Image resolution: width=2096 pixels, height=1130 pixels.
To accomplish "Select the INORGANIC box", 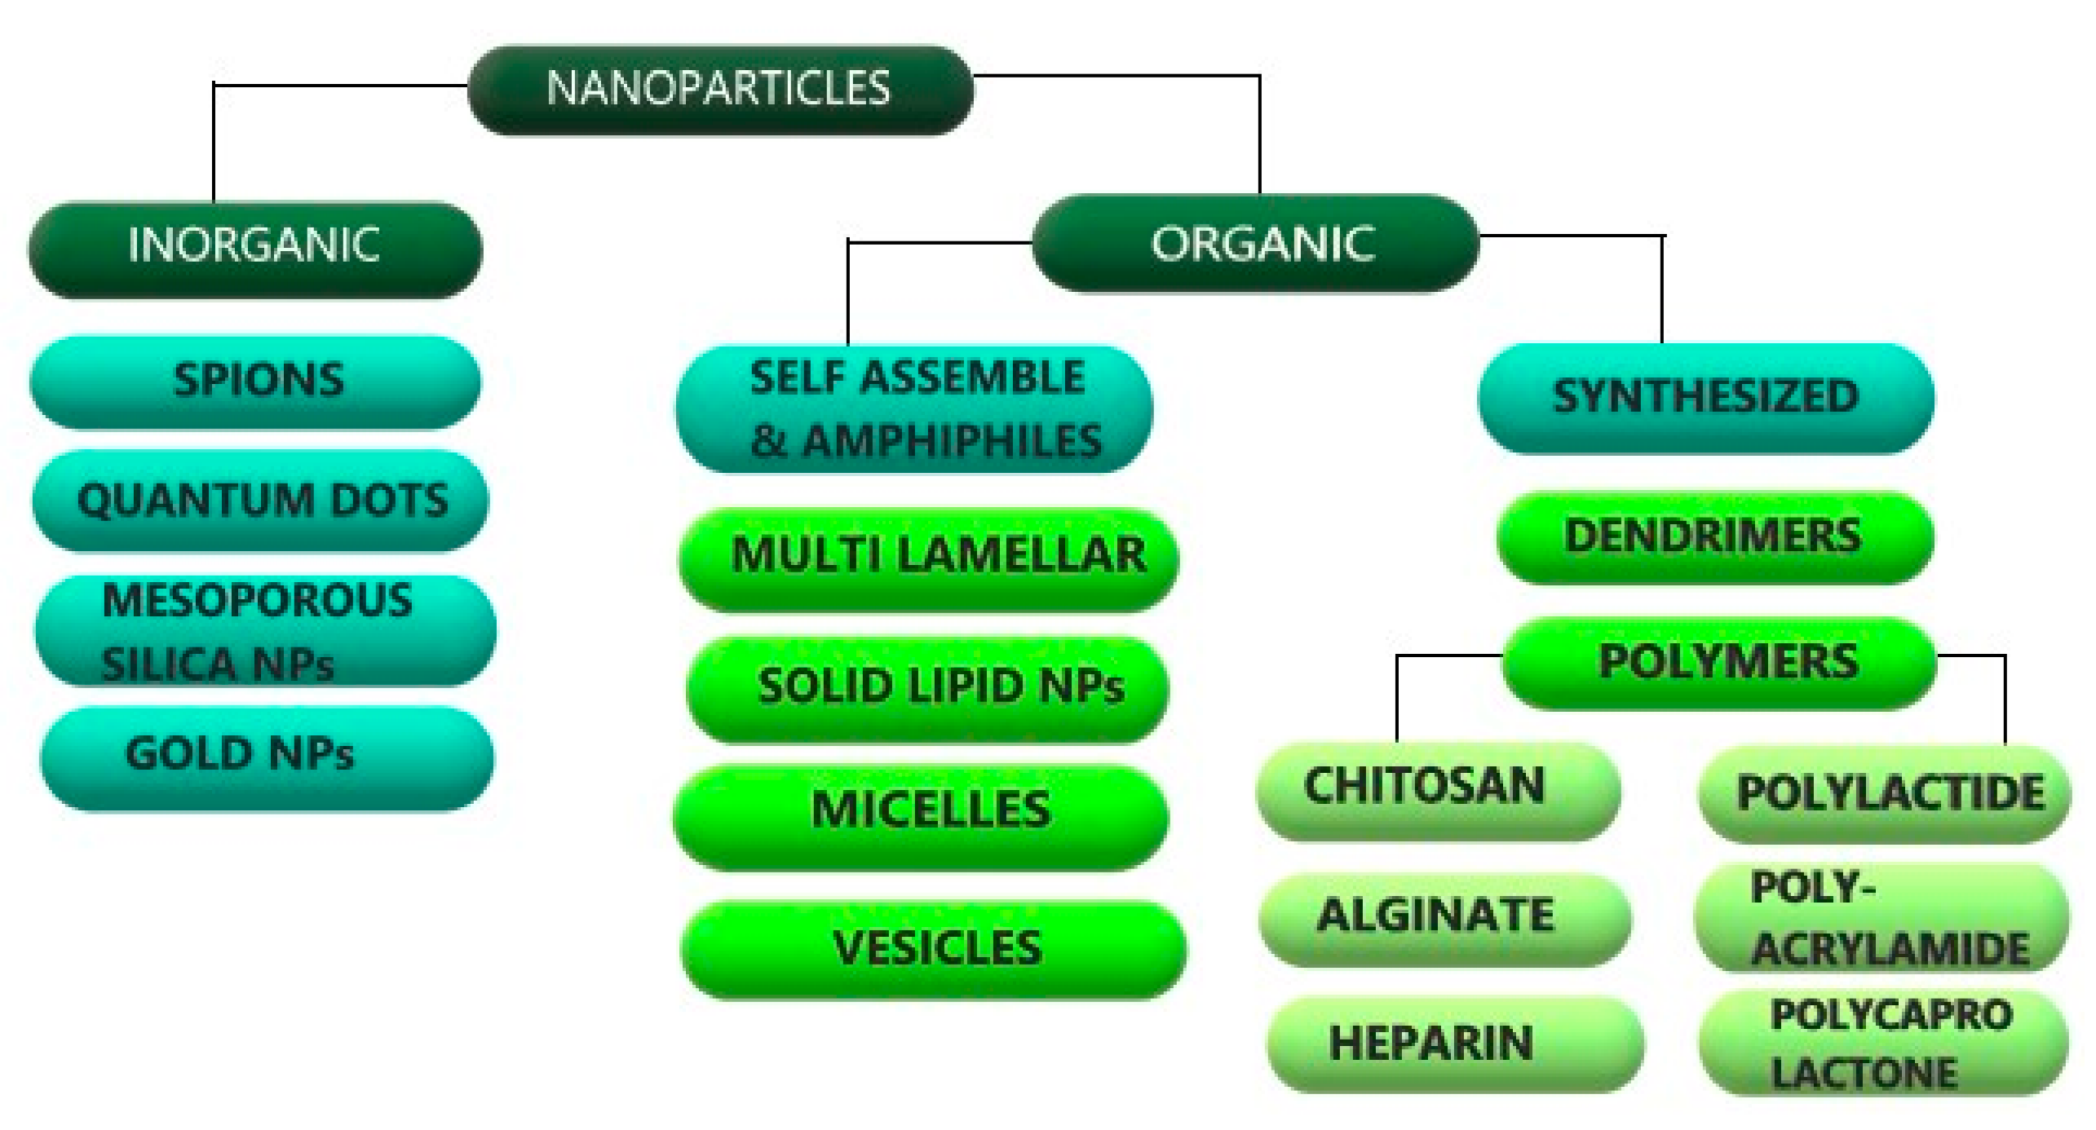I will [254, 247].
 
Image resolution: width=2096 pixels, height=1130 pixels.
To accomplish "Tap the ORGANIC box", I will [1256, 243].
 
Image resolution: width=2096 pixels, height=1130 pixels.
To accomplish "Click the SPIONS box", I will [256, 381].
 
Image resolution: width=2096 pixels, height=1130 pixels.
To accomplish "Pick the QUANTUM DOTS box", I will [261, 500].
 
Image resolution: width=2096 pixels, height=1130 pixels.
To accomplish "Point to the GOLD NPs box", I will [266, 756].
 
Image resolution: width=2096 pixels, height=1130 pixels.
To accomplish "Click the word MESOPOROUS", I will [258, 601].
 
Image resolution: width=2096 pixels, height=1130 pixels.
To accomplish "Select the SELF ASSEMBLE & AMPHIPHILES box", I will [915, 409].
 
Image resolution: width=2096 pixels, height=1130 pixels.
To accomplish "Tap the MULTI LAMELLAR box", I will [930, 557].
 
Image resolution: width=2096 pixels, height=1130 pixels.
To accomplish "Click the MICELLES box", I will [922, 813].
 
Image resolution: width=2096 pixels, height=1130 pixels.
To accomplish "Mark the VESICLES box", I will [935, 948].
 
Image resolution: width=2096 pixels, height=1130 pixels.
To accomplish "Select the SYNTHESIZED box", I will [1706, 397].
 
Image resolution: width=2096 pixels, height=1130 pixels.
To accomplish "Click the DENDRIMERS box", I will [1714, 536].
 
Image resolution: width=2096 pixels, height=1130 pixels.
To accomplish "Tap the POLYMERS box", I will [1719, 661].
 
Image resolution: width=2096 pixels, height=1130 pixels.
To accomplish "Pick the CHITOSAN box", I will [1437, 788].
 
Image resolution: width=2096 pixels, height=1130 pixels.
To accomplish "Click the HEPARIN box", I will [1453, 1044].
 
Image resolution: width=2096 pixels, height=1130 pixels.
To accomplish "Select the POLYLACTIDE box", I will [1886, 793].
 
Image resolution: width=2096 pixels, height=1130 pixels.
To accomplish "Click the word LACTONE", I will [1864, 1073].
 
